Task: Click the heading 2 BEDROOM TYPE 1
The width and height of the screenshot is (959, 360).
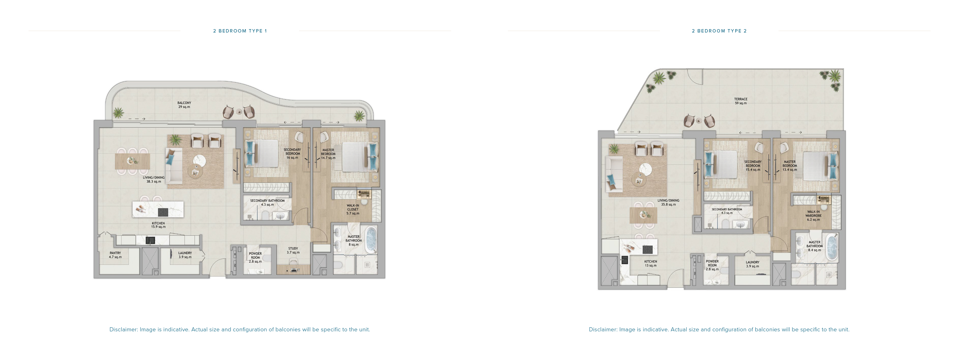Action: point(240,31)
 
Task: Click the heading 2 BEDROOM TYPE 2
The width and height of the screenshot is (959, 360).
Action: point(719,31)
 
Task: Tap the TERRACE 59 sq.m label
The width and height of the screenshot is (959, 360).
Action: point(741,101)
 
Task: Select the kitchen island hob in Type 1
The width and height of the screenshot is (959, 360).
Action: point(163,212)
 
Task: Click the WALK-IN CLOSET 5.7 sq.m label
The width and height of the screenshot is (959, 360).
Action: point(353,210)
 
